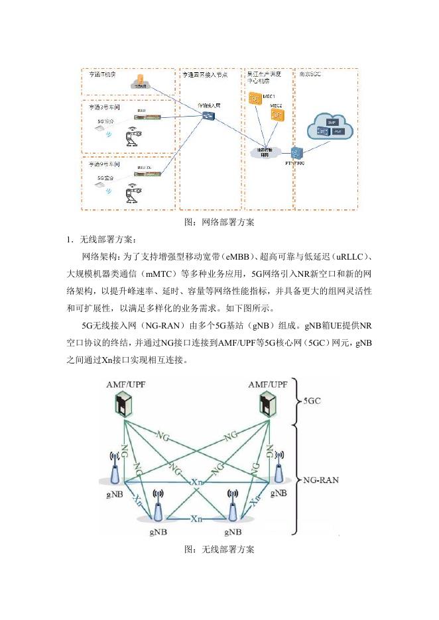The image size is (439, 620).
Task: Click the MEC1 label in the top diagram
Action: [x=270, y=97]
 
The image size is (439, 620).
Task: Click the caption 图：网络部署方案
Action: [x=219, y=222]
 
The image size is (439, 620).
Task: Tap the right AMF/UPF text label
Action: [x=268, y=384]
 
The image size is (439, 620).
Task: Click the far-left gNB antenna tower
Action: [x=116, y=469]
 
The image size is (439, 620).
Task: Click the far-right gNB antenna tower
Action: [x=279, y=468]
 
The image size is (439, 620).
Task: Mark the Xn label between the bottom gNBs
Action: [x=196, y=519]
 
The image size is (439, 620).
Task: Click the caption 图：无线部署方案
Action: [x=219, y=549]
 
